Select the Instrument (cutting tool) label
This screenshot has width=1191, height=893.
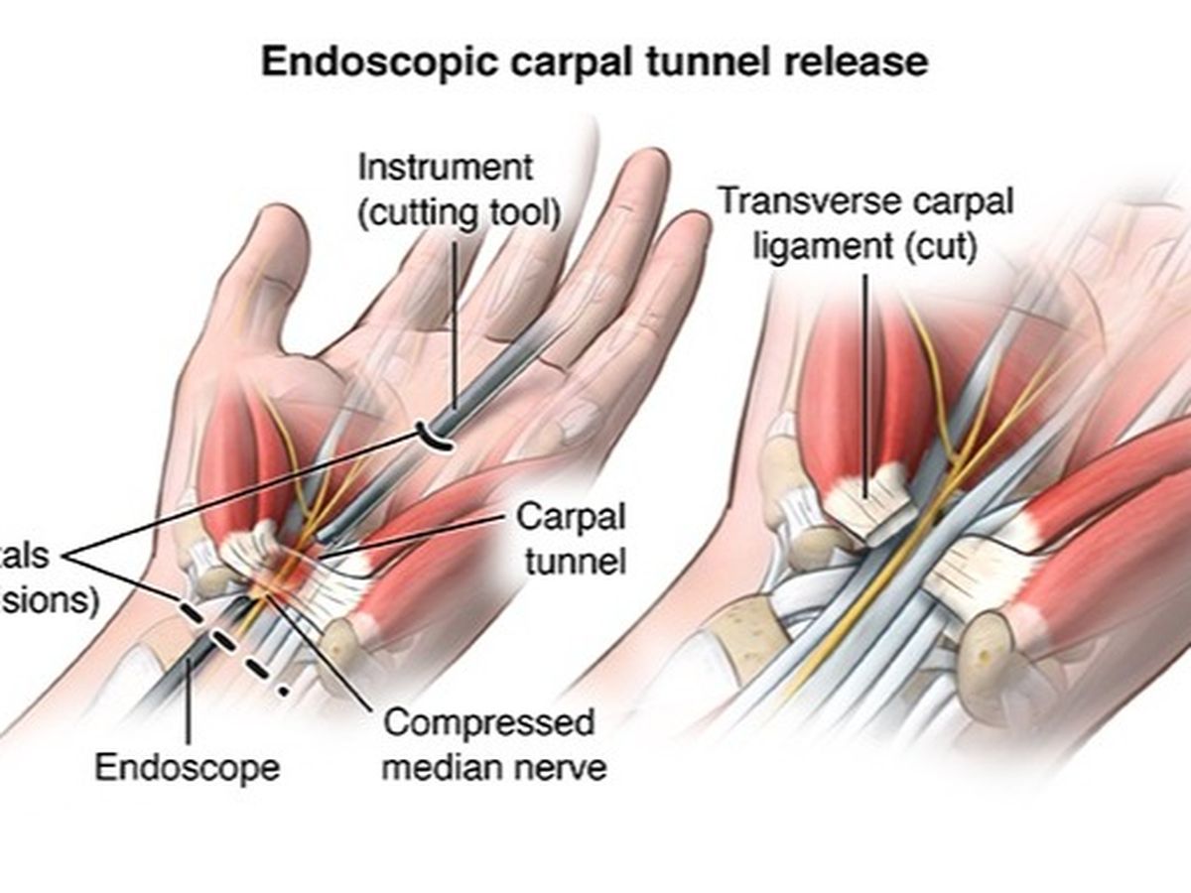458,188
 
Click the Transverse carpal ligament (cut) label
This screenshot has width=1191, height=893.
865,222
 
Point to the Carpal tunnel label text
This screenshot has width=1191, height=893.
571,539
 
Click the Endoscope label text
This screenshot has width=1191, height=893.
188,766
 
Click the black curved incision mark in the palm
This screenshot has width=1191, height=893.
435,435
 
